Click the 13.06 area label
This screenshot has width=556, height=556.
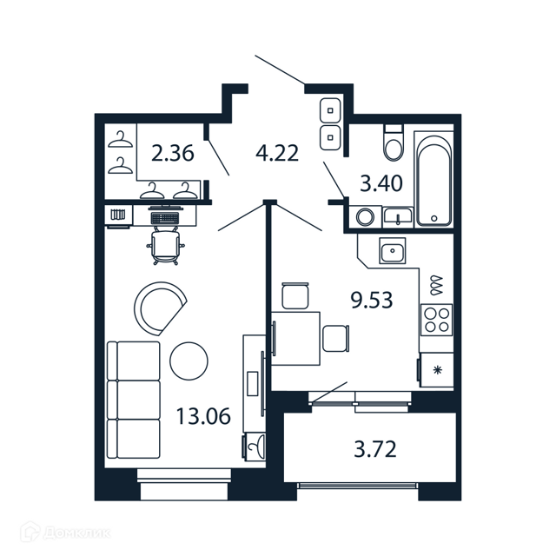pos(203,416)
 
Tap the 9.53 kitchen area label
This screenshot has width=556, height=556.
pos(372,300)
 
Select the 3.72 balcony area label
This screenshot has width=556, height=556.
pos(375,449)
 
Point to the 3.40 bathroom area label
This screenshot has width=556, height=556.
pos(381,183)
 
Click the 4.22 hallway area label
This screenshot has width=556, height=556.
pos(277,153)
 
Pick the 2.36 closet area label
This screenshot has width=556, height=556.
pos(173,153)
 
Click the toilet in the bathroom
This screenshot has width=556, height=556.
pos(394,142)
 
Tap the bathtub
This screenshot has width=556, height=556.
pos(434,179)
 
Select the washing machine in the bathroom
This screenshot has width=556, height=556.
pos(365,216)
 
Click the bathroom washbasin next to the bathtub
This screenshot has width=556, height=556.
pos(398,216)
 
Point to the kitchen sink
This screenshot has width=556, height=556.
pos(392,250)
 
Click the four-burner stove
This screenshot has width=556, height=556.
pos(436,320)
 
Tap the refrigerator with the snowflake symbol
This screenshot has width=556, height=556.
pos(436,371)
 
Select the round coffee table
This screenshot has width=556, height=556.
pos(189,361)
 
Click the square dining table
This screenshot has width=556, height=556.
pos(295,338)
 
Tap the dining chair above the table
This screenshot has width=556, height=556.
pos(295,295)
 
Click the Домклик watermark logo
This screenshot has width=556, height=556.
pos(66,533)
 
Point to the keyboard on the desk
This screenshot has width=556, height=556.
pos(165,217)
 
